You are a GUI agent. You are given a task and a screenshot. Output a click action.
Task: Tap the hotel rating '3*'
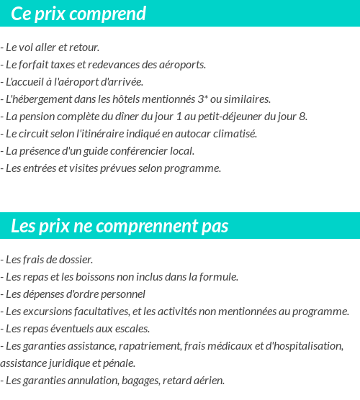click(180, 99)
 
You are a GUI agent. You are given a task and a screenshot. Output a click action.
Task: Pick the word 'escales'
click(130, 328)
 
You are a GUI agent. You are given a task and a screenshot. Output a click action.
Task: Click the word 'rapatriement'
click(145, 345)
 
